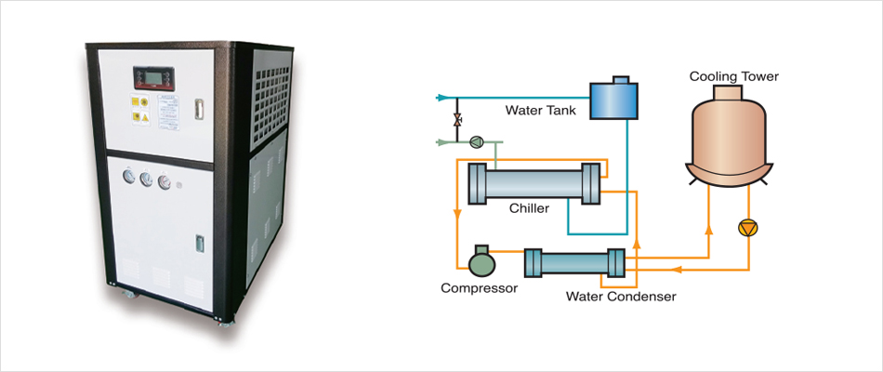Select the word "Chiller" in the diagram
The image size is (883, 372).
(530, 207)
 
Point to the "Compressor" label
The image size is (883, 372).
(479, 287)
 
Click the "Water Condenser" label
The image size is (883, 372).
(621, 296)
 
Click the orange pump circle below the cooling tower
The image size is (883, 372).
(747, 228)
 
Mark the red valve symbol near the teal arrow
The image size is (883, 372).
(457, 120)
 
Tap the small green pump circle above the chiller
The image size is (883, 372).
(477, 141)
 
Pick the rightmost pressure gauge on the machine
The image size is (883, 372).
(166, 181)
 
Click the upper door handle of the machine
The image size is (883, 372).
(198, 107)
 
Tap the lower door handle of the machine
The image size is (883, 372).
(198, 243)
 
